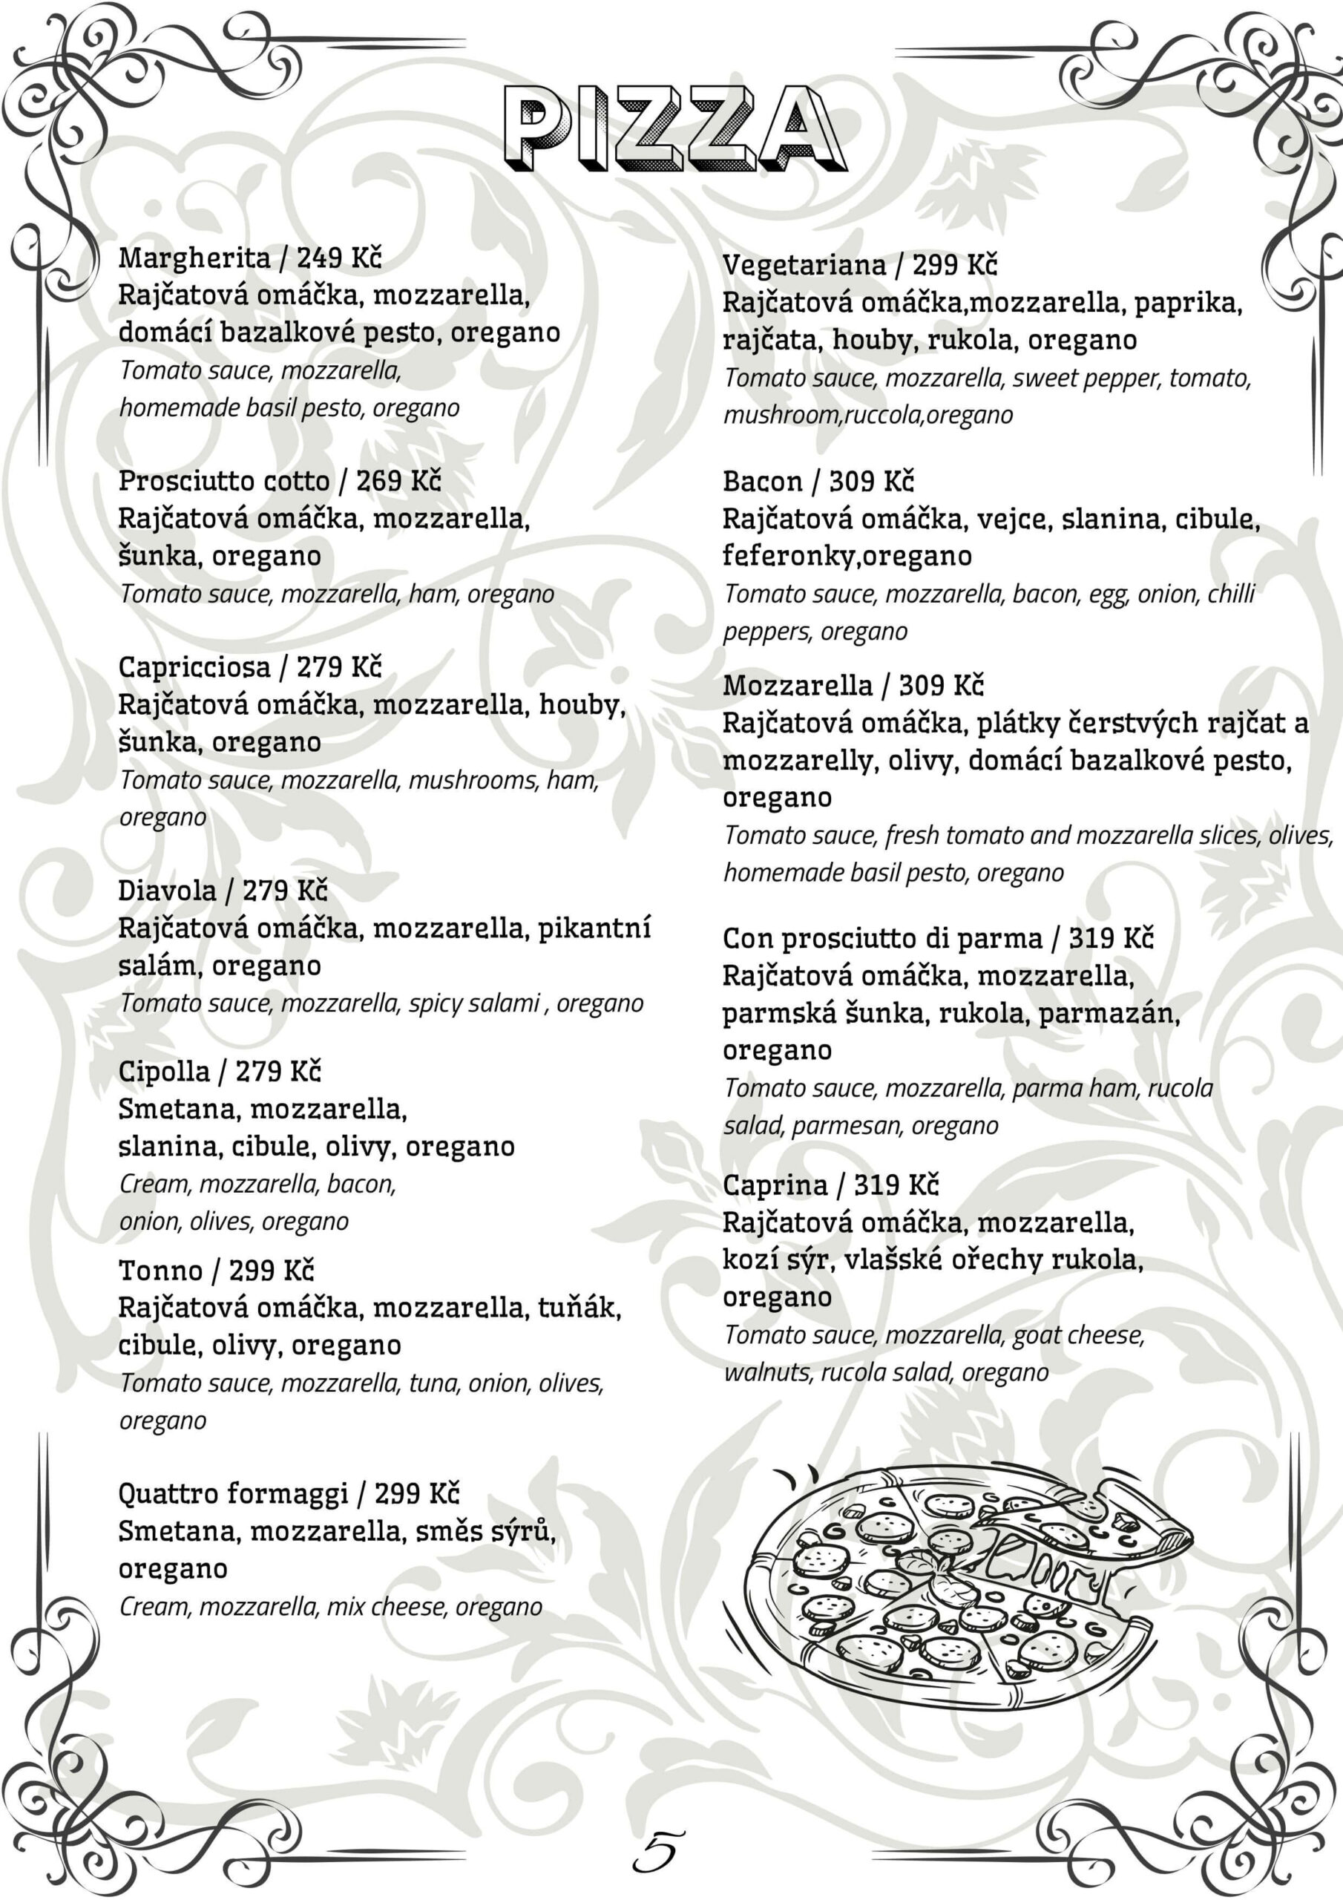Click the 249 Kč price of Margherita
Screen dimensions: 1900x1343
pyautogui.click(x=339, y=258)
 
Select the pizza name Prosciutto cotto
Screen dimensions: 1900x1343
pyautogui.click(x=223, y=481)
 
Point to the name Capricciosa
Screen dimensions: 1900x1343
pyautogui.click(x=194, y=667)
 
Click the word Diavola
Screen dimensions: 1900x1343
pyautogui.click(x=167, y=891)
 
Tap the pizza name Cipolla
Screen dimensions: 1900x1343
pyautogui.click(x=164, y=1072)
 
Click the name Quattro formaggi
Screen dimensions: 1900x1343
pyautogui.click(x=233, y=1494)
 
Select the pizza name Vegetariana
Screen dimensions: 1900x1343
pyautogui.click(x=804, y=266)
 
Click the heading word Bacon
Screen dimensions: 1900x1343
pyautogui.click(x=762, y=482)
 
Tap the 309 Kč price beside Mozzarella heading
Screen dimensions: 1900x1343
pyautogui.click(x=941, y=686)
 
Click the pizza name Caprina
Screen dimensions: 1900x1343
pyautogui.click(x=775, y=1185)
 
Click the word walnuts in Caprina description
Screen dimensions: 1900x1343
pyautogui.click(x=767, y=1373)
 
